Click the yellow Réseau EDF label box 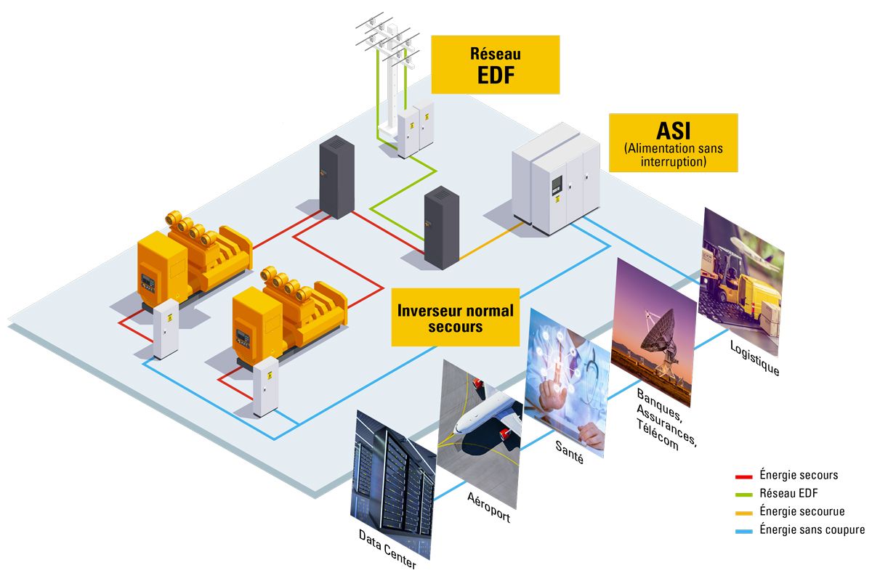495,65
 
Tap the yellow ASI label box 672,142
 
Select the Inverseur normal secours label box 455,318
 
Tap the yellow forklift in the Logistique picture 730,283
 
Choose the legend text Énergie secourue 802,512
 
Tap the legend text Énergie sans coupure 812,530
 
